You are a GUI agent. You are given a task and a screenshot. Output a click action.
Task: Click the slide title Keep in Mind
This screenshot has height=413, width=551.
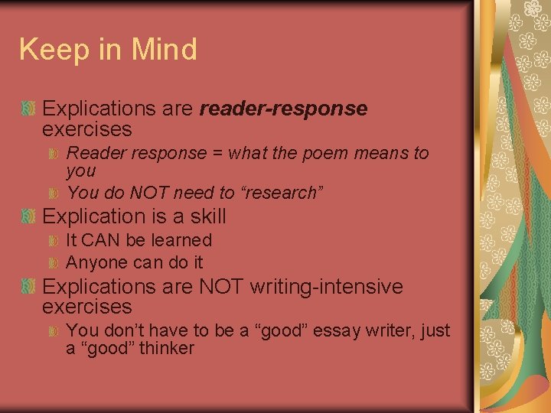click(x=108, y=50)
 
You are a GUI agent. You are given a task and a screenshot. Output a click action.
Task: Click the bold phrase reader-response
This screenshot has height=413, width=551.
click(x=283, y=109)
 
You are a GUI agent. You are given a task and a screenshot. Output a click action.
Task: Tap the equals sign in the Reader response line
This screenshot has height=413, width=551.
click(x=218, y=153)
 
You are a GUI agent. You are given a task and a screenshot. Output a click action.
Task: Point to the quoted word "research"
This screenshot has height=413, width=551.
click(x=284, y=193)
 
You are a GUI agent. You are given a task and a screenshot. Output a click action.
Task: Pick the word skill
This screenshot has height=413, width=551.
click(x=207, y=216)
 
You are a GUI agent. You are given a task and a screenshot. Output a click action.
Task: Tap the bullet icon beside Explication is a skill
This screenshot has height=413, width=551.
click(x=28, y=217)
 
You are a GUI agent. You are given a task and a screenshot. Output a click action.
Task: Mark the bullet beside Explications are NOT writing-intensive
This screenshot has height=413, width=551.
click(x=28, y=288)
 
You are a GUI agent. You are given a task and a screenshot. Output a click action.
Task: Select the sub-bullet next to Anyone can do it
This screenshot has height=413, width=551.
click(x=54, y=264)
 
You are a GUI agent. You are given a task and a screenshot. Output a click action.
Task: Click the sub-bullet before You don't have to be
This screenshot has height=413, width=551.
click(x=54, y=332)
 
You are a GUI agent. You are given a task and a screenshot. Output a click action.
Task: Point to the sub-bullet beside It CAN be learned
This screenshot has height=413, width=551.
click(x=54, y=241)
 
